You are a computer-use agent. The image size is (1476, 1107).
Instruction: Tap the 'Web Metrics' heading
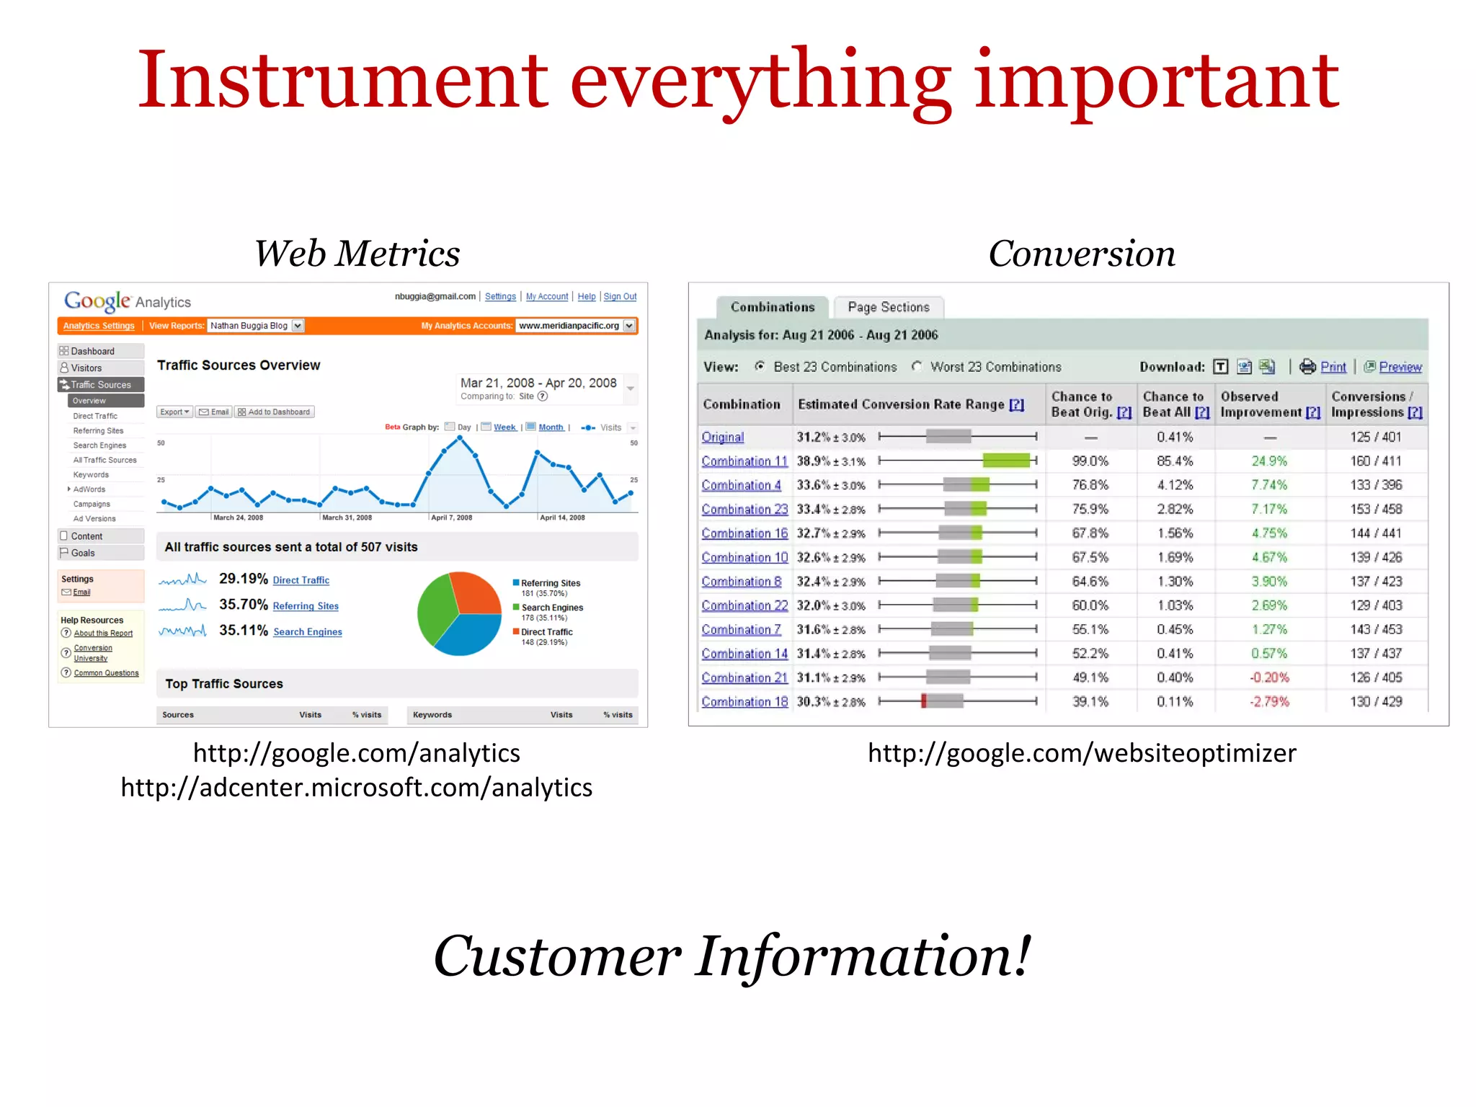click(x=357, y=254)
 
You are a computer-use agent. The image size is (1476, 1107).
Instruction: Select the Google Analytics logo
click(x=127, y=301)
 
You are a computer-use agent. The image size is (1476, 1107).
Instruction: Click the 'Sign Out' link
click(x=620, y=296)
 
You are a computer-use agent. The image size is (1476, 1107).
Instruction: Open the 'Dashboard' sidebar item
click(x=92, y=351)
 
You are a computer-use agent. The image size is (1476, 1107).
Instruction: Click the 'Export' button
click(x=174, y=412)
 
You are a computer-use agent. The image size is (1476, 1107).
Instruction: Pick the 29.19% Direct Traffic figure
click(x=243, y=579)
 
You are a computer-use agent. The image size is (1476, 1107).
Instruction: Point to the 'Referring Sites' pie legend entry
click(x=550, y=583)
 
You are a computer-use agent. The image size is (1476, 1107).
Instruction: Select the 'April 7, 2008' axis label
click(x=451, y=517)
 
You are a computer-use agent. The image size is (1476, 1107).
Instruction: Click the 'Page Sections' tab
click(x=888, y=307)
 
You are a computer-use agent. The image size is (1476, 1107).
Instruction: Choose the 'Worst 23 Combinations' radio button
click(x=917, y=366)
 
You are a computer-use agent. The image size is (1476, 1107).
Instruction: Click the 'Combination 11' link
click(x=744, y=461)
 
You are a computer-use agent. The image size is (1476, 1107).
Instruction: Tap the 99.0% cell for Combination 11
click(x=1090, y=461)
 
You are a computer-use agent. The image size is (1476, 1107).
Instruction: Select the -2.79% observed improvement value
click(x=1268, y=702)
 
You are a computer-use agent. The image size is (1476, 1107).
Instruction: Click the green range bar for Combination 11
click(x=1006, y=461)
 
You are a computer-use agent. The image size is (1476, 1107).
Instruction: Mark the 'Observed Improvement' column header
click(x=1268, y=404)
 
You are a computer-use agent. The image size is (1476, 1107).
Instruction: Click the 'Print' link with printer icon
click(x=1332, y=367)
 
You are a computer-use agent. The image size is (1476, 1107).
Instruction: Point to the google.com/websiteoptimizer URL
click(x=1081, y=753)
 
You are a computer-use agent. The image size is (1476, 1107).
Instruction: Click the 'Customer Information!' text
click(x=732, y=956)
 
